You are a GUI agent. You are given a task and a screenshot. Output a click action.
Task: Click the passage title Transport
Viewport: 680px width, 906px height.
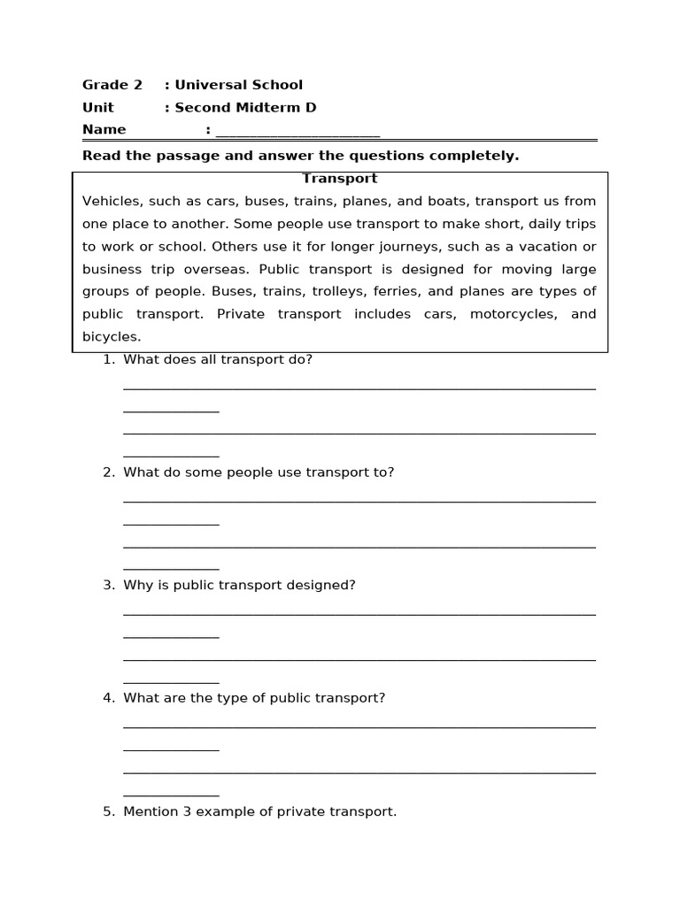339,179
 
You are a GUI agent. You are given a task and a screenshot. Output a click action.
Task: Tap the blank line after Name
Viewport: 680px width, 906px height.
297,133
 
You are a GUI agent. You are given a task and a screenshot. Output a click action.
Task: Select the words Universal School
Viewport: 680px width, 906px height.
238,85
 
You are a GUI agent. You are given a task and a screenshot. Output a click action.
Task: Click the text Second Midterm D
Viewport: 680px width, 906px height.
245,108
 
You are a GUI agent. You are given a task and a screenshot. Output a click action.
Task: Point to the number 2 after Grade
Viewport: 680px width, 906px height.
137,85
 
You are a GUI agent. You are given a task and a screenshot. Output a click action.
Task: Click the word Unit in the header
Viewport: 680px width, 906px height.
98,108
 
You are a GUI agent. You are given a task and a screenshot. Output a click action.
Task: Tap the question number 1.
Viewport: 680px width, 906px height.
108,359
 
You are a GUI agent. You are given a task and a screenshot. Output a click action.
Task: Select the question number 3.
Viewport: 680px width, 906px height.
108,585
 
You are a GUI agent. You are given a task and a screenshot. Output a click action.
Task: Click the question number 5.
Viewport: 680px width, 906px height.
108,811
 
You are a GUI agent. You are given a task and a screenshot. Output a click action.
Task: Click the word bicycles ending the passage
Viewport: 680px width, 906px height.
111,337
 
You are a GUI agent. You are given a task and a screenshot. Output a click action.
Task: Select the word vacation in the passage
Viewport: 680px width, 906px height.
542,246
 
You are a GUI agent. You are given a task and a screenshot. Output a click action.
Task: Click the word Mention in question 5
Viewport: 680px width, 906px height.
151,811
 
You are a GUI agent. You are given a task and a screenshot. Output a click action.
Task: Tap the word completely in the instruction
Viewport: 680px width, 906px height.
479,156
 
